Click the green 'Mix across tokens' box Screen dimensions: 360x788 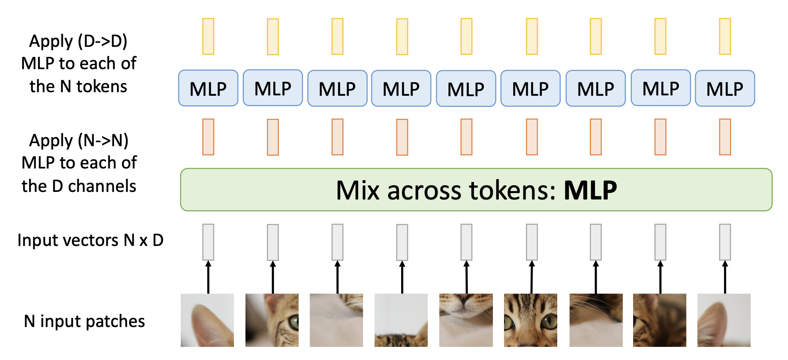tap(476, 190)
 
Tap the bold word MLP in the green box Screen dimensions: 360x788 tap(590, 190)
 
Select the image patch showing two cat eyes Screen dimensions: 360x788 tap(531, 320)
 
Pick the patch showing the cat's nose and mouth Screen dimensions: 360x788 tap(466, 320)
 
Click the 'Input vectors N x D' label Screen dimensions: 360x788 tap(91, 240)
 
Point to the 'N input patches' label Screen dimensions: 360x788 tap(84, 321)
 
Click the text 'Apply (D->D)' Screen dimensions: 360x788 tap(78, 41)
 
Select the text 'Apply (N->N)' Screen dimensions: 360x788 tap(79, 141)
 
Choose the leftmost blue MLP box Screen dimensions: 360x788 tap(208, 88)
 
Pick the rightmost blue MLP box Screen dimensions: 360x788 tap(725, 88)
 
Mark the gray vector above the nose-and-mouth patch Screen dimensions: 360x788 tap(466, 242)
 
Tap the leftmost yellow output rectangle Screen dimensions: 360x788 tap(208, 36)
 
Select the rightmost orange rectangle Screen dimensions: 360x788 tap(725, 137)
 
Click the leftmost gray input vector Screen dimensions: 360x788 tap(208, 242)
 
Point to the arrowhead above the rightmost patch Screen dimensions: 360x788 tap(725, 264)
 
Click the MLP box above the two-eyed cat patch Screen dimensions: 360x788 tap(531, 88)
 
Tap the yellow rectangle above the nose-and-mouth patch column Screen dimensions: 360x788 tap(466, 36)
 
